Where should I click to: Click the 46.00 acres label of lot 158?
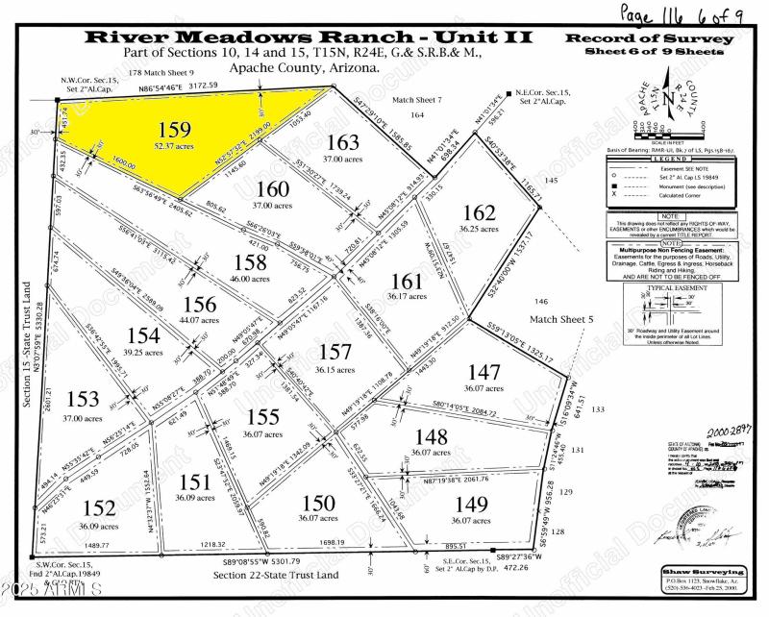coord(250,278)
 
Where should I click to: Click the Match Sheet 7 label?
coord(416,99)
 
